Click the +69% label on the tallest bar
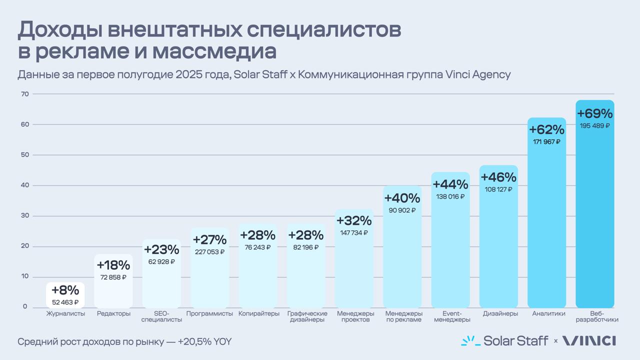(594, 113)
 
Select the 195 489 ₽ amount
(594, 126)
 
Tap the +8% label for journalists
(65, 290)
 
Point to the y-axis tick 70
(24, 94)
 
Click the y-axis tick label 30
(24, 216)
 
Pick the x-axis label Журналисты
(65, 313)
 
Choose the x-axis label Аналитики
(548, 313)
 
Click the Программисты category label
(209, 313)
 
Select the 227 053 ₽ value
(209, 252)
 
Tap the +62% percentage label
(546, 129)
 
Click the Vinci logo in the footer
(589, 341)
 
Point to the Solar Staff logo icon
(470, 341)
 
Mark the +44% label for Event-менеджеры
(450, 184)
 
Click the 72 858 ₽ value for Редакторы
(113, 277)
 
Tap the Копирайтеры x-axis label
(258, 313)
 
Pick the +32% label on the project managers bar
(354, 220)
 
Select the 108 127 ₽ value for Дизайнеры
(498, 189)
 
